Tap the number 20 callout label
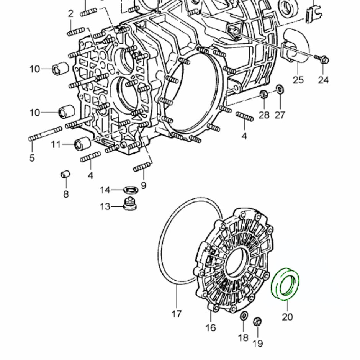(287, 317)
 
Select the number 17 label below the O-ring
(176, 314)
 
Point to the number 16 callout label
(211, 327)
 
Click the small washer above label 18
(243, 316)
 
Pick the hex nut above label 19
(258, 322)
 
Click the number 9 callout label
(143, 186)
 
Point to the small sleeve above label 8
(65, 175)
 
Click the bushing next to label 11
(82, 144)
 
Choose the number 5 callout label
(32, 157)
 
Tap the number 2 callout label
(70, 14)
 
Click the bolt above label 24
(322, 59)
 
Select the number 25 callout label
(298, 80)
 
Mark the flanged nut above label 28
(263, 94)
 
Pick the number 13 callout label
(105, 207)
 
